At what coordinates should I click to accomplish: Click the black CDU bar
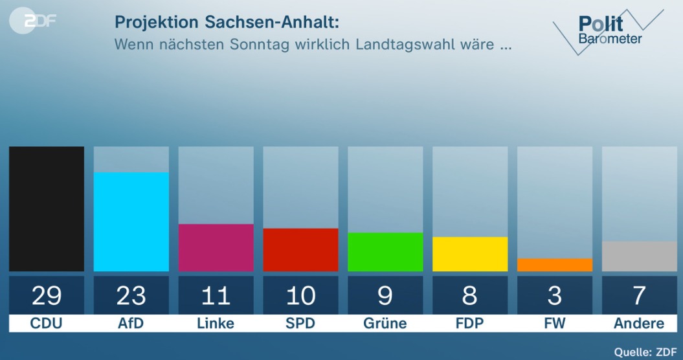pos(47,208)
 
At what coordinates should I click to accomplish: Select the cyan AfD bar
pos(131,221)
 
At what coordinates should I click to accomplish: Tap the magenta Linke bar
pos(216,247)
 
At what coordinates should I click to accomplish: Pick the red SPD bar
pos(300,249)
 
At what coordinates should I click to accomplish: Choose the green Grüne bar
pos(385,252)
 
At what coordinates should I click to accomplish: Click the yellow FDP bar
pos(470,254)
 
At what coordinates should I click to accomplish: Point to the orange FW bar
pos(555,265)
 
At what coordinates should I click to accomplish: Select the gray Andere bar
pos(639,256)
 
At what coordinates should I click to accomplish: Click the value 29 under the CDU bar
pos(47,295)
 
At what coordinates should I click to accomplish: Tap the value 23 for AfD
pos(131,295)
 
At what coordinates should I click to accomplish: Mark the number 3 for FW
pos(555,295)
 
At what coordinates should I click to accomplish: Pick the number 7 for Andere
pos(639,295)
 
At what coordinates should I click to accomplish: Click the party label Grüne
pos(385,323)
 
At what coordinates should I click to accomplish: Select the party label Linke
pos(216,323)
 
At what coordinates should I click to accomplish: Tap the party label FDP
pos(470,323)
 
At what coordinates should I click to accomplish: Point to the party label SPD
pos(300,323)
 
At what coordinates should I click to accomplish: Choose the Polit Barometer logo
pos(605,30)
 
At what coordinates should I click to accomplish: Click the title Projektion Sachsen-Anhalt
pos(227,22)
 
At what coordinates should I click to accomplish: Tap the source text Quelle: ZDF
pos(640,351)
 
